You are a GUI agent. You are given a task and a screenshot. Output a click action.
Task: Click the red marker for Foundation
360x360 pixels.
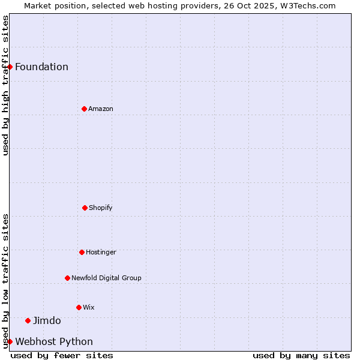click(10, 67)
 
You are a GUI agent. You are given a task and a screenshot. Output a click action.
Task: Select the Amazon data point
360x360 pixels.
click(84, 109)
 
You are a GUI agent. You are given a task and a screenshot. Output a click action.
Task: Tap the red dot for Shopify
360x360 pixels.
click(85, 208)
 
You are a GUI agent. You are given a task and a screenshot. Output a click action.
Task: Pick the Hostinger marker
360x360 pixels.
click(82, 252)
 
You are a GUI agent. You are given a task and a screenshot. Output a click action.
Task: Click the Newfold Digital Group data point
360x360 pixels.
click(67, 278)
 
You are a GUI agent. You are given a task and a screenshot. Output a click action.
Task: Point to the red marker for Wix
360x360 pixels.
click(79, 307)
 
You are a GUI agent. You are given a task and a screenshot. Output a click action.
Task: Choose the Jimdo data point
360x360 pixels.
click(28, 320)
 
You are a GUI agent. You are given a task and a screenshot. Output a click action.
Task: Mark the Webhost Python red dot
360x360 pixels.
click(10, 341)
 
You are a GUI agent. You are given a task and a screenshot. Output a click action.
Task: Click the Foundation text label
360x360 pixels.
click(41, 67)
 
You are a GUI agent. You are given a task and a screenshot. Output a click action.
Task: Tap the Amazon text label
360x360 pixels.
click(101, 109)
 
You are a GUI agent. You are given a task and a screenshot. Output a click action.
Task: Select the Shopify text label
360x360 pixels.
click(101, 208)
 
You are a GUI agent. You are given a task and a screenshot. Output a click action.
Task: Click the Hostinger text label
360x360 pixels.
click(101, 252)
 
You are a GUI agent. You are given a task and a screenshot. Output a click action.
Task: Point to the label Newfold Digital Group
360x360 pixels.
click(106, 278)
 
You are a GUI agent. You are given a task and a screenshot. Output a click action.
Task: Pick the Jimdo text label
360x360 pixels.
click(47, 320)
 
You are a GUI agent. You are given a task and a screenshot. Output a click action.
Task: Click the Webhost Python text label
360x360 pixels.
click(54, 341)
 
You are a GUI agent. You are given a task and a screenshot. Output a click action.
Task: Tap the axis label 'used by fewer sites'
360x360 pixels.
click(62, 355)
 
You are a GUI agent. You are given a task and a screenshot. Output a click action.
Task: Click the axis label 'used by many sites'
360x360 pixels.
click(301, 355)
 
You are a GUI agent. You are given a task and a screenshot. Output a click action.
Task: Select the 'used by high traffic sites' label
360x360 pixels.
click(5, 85)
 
